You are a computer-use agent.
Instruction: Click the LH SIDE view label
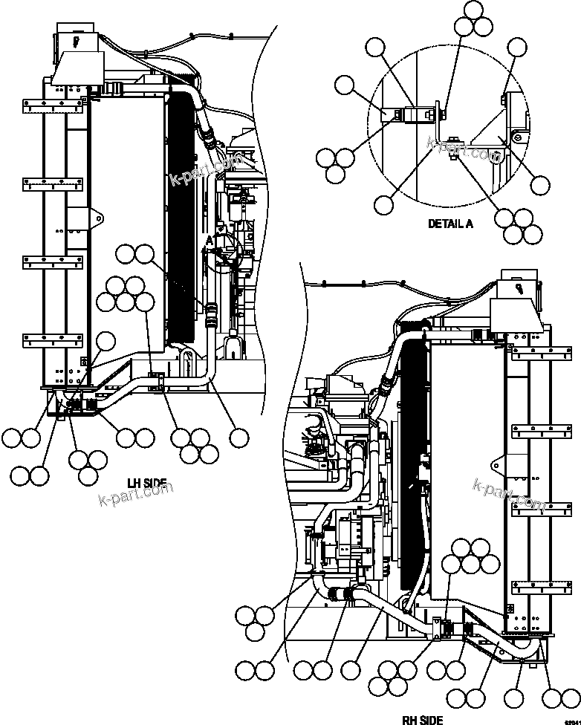coord(146,484)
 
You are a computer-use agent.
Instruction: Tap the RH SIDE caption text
coord(423,719)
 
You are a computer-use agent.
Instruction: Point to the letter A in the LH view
coord(210,240)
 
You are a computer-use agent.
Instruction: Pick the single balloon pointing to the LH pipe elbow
coord(238,438)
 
